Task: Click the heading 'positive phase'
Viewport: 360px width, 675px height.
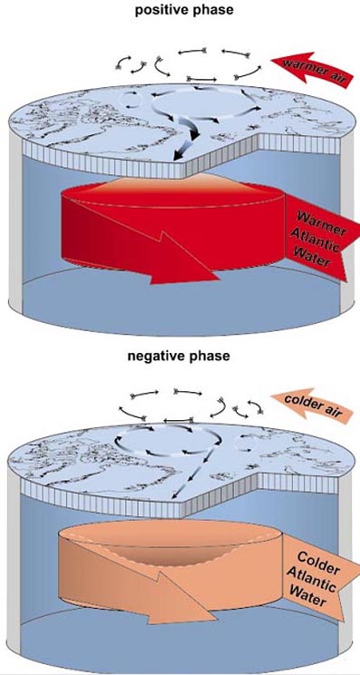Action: pos(184,10)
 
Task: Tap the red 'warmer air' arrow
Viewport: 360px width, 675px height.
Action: pos(312,71)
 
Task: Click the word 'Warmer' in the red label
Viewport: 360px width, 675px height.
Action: pos(322,224)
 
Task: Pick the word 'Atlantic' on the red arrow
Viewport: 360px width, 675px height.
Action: pos(316,240)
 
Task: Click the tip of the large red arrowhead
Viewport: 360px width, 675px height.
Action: pos(220,279)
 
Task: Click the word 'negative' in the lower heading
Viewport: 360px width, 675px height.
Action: pos(154,357)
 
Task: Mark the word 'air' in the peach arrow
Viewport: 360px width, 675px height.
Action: pos(335,414)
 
